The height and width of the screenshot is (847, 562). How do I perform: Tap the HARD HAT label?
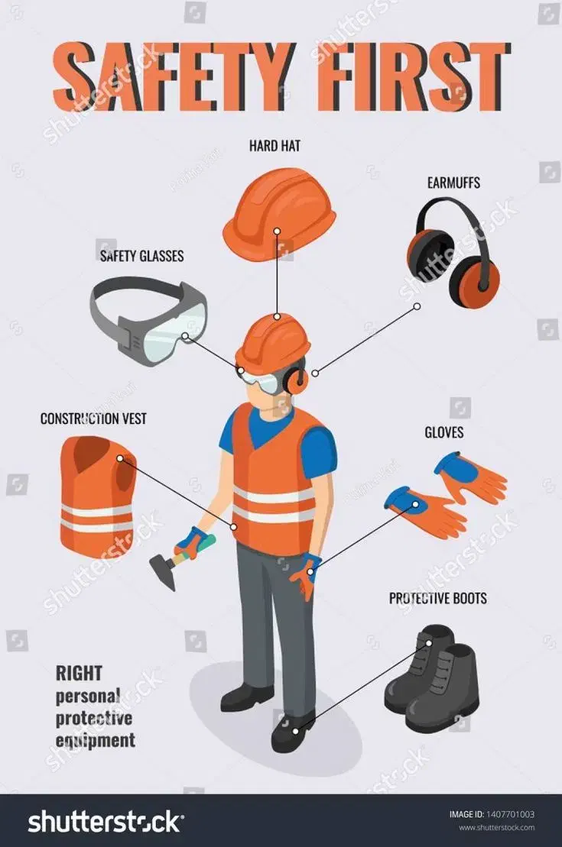pyautogui.click(x=275, y=146)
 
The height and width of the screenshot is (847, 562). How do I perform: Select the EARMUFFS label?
pyautogui.click(x=453, y=183)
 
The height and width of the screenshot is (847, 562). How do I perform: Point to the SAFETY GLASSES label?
pyautogui.click(x=141, y=256)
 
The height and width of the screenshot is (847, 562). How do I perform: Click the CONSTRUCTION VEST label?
pyautogui.click(x=93, y=419)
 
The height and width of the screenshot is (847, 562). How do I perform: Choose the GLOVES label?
pyautogui.click(x=443, y=432)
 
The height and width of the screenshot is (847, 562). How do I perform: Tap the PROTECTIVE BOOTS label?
pyautogui.click(x=437, y=598)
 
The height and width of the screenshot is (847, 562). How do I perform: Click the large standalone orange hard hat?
pyautogui.click(x=279, y=213)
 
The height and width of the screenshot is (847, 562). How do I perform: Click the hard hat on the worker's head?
pyautogui.click(x=273, y=344)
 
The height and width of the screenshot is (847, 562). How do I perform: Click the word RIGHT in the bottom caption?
pyautogui.click(x=79, y=674)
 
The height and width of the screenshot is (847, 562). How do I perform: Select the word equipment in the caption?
pyautogui.click(x=96, y=741)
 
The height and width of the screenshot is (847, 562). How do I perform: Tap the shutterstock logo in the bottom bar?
pyautogui.click(x=106, y=822)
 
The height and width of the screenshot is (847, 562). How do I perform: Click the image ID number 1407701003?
pyautogui.click(x=510, y=814)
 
